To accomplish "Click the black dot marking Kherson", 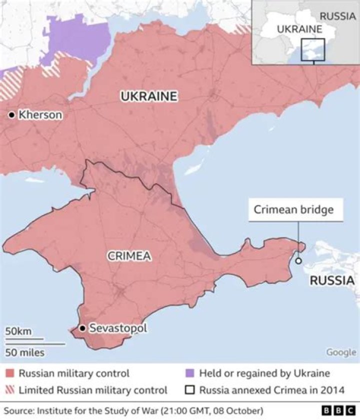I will point(11,115).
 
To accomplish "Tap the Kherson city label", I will point(40,115).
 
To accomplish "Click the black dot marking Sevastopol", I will point(82,328).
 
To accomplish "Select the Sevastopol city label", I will point(118,328).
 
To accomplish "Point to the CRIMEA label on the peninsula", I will point(129,256).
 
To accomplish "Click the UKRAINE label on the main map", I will point(148,96).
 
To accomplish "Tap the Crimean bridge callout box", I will point(293,209).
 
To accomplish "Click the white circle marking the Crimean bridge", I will point(298,260).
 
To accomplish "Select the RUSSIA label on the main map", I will point(332,280).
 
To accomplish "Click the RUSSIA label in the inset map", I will point(338,15).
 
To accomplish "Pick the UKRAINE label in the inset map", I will point(299,29).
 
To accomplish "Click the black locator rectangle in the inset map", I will point(313,49).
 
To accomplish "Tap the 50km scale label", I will point(18,331).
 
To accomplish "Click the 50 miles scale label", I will point(25,352).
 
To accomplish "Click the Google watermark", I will point(341,352).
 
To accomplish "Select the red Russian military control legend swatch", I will point(9,373).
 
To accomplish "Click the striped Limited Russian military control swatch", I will point(9,390).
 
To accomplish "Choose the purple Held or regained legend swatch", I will point(189,373).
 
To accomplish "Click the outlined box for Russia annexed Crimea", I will point(189,390).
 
